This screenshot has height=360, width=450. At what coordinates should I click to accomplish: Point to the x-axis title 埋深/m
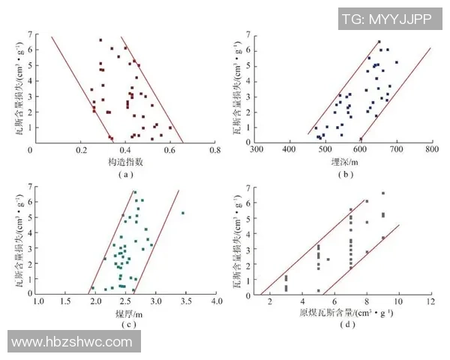tap(345, 161)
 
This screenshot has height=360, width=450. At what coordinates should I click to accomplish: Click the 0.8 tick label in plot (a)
tap(215, 150)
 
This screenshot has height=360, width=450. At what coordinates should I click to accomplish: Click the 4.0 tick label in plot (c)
tap(216, 301)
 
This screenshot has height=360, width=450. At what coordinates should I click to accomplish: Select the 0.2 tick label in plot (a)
tap(78, 150)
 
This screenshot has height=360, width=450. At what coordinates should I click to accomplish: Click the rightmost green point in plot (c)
tap(182, 213)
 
